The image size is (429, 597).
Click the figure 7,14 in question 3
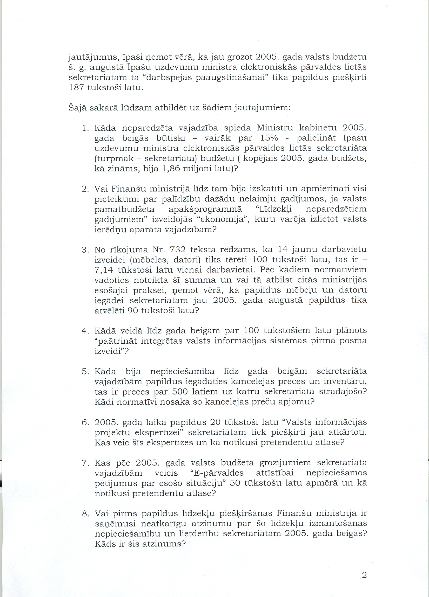coord(103,270)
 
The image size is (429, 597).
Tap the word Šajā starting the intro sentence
coord(77,108)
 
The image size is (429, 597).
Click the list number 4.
coord(85,331)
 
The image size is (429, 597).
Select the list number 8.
coord(85,513)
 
